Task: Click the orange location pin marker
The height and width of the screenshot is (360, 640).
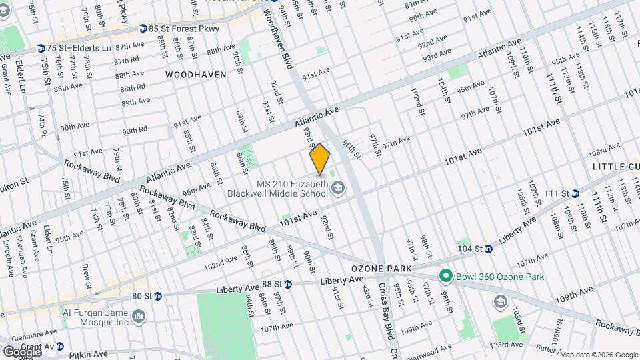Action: pos(320,159)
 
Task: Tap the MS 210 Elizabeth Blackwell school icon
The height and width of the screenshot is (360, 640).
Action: pos(339,188)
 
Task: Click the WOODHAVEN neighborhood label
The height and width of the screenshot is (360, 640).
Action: pos(196,75)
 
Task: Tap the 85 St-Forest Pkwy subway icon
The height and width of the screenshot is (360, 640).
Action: pos(143,29)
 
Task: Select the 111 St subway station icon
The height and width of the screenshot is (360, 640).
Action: pos(575,194)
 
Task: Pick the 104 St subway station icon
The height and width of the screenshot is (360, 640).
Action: pos(488,249)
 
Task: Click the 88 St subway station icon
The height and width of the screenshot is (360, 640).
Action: pos(288,283)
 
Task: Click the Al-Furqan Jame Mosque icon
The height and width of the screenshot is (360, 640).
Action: pos(139,316)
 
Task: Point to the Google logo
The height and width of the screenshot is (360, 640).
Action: pos(21,351)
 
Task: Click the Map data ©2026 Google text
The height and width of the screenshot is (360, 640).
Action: pos(599,354)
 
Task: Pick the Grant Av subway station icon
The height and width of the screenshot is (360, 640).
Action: pos(60,347)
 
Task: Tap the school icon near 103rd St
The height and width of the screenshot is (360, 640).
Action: pos(499,302)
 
